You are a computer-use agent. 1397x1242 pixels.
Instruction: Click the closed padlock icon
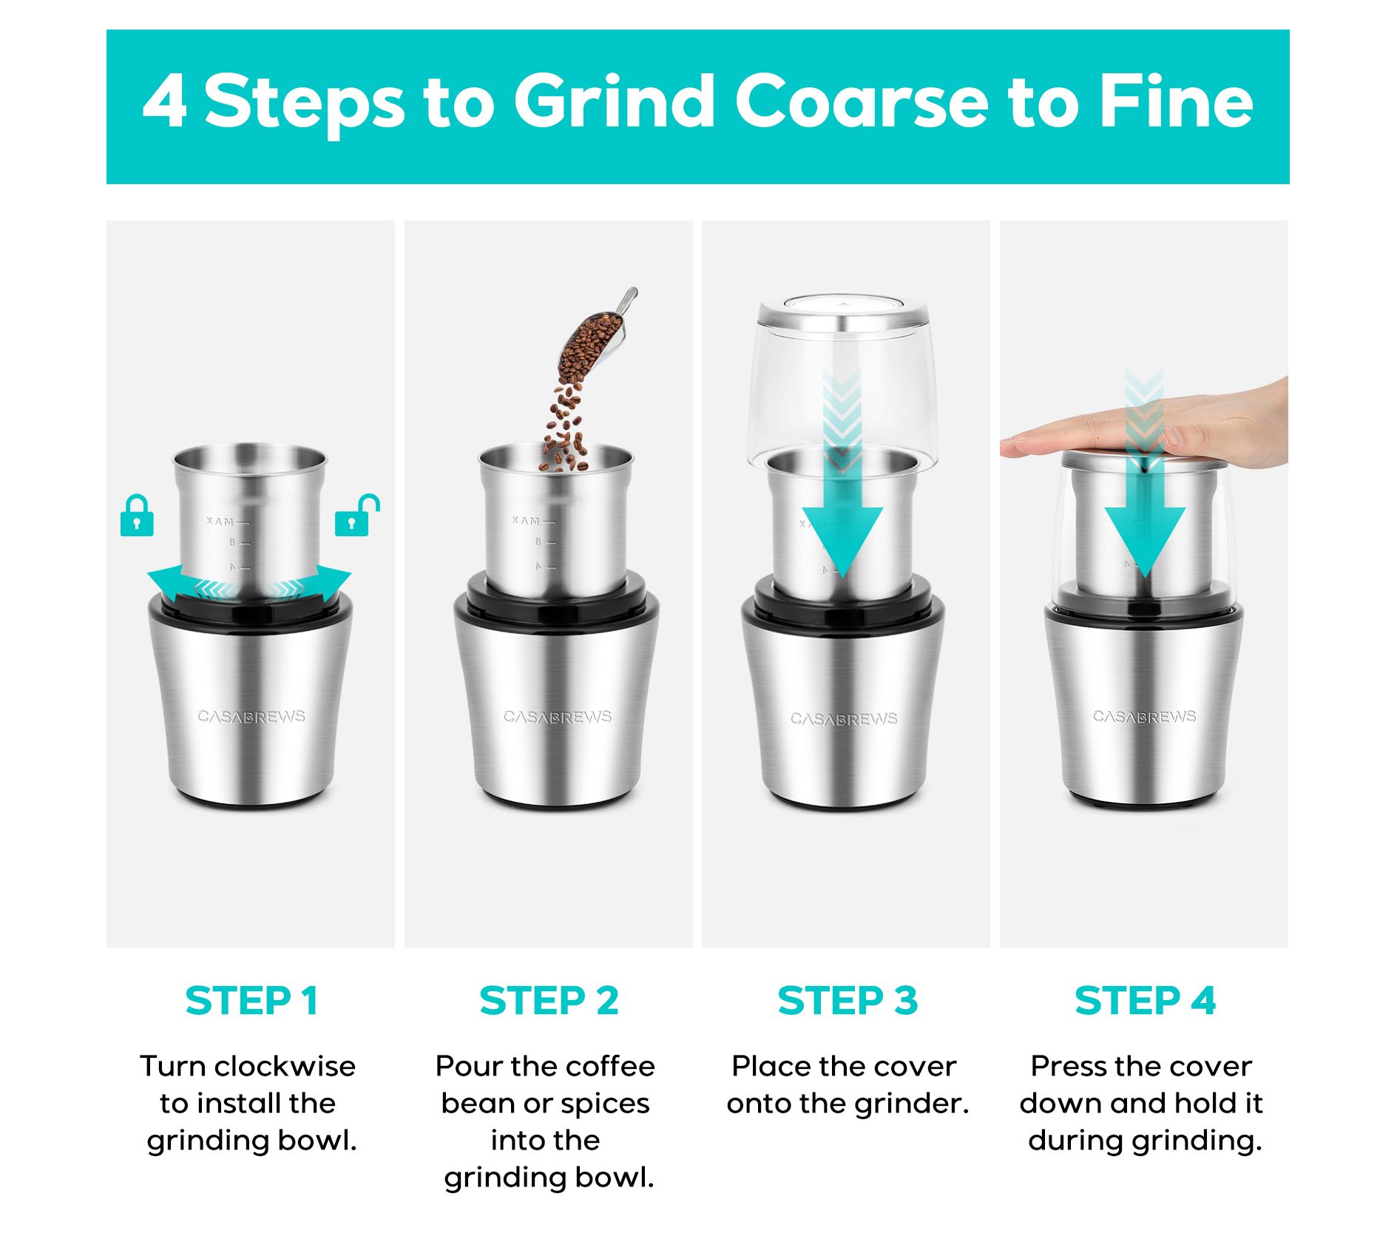tap(137, 516)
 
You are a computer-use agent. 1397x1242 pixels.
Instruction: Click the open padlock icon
tap(357, 515)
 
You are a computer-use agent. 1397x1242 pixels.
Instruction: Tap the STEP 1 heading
tap(251, 1001)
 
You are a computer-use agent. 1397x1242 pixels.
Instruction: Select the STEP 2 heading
tap(549, 1001)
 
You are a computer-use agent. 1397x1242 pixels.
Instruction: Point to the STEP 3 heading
tap(848, 1001)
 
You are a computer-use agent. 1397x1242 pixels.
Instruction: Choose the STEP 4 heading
tap(1145, 1001)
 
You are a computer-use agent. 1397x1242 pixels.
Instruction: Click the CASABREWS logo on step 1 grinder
tap(251, 716)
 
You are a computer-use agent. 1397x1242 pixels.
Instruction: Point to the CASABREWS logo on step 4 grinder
tap(1145, 716)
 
